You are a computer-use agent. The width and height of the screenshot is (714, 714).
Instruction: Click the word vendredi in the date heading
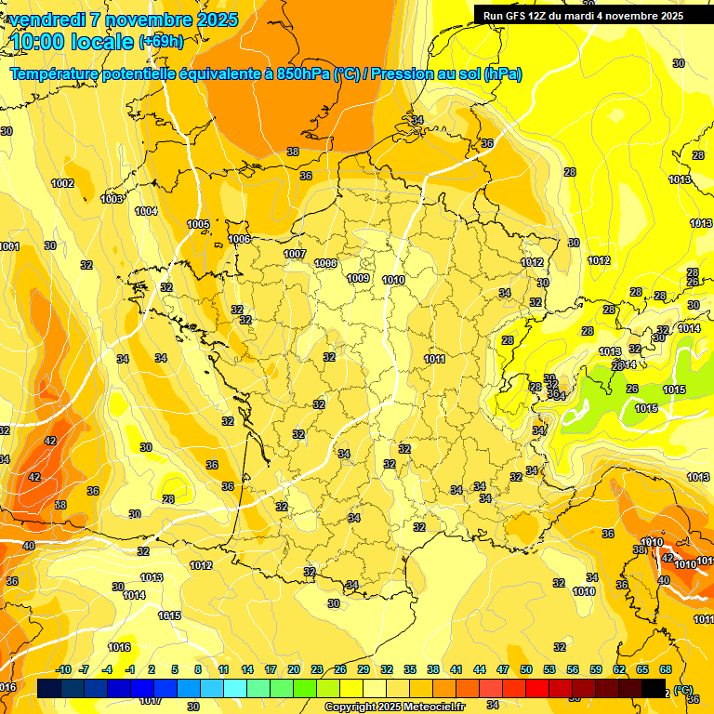tap(46, 20)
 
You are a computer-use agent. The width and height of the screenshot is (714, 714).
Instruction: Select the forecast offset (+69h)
tap(161, 42)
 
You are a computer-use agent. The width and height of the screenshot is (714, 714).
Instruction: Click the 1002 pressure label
tap(62, 183)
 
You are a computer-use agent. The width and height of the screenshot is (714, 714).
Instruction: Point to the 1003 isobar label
tap(112, 199)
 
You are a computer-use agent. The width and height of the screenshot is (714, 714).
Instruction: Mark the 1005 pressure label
tap(198, 224)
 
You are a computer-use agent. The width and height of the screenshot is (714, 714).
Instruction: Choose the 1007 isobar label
tap(295, 254)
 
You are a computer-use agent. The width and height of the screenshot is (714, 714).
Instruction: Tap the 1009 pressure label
tap(359, 278)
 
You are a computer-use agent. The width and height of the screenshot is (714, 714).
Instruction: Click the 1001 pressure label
tap(9, 246)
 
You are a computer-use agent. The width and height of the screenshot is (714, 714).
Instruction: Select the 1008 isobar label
tap(325, 263)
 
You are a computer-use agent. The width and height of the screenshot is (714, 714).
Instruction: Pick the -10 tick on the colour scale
tap(63, 669)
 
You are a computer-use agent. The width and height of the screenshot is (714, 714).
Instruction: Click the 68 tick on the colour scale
tap(666, 669)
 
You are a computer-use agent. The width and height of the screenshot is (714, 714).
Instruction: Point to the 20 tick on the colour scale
tap(294, 669)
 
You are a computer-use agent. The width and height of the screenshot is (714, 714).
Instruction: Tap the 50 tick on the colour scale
tap(526, 669)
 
